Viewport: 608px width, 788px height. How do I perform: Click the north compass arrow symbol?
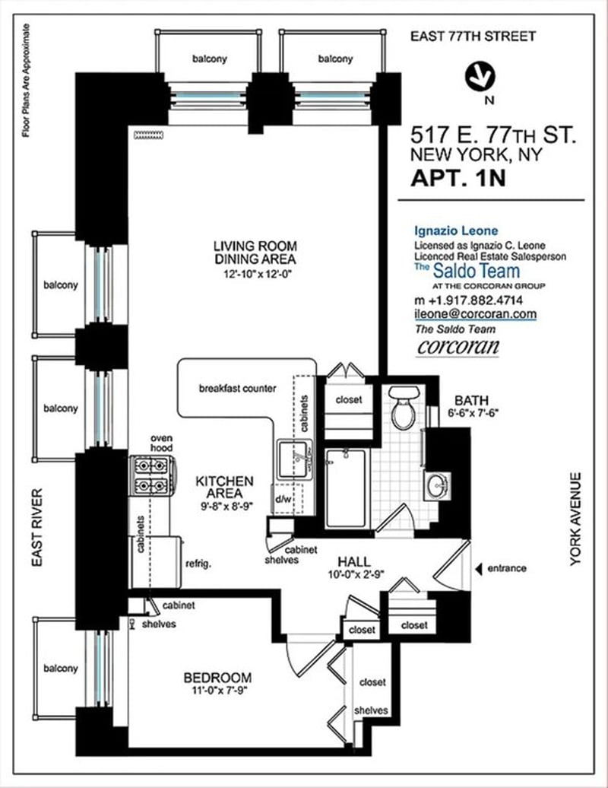(x=480, y=78)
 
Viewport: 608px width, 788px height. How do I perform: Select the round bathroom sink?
(x=437, y=486)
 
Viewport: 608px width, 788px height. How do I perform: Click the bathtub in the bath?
(x=346, y=488)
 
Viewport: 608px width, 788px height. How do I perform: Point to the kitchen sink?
(x=296, y=459)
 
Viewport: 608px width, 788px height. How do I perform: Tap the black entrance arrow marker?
(x=479, y=568)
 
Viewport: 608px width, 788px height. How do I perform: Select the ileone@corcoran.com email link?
(x=475, y=314)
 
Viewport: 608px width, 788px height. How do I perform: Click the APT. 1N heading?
(x=458, y=179)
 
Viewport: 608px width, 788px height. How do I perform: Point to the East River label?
(x=37, y=528)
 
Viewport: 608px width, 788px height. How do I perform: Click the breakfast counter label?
(x=237, y=389)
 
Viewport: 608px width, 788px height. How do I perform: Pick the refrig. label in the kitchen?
(x=198, y=564)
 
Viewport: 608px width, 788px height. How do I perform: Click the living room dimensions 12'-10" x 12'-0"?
(x=258, y=275)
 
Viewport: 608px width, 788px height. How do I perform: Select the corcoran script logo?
(x=458, y=348)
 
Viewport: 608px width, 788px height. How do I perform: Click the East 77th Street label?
(x=473, y=37)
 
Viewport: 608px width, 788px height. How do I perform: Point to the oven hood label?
(x=162, y=443)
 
